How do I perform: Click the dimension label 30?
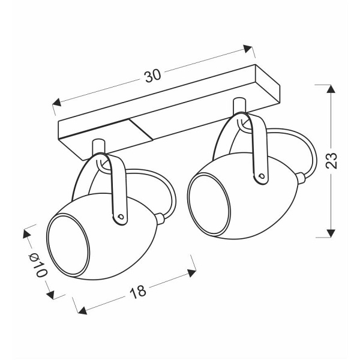pos(152,75)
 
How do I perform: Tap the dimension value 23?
pos(331,160)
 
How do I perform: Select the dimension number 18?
pos(138,292)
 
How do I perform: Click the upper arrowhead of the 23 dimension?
pos(331,89)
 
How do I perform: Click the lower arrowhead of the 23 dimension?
pos(331,233)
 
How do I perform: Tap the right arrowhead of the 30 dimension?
pos(248,49)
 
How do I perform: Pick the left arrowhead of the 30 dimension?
pos(57,102)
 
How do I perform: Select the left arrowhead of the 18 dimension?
pos(82,310)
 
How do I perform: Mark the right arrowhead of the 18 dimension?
pos(192,273)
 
